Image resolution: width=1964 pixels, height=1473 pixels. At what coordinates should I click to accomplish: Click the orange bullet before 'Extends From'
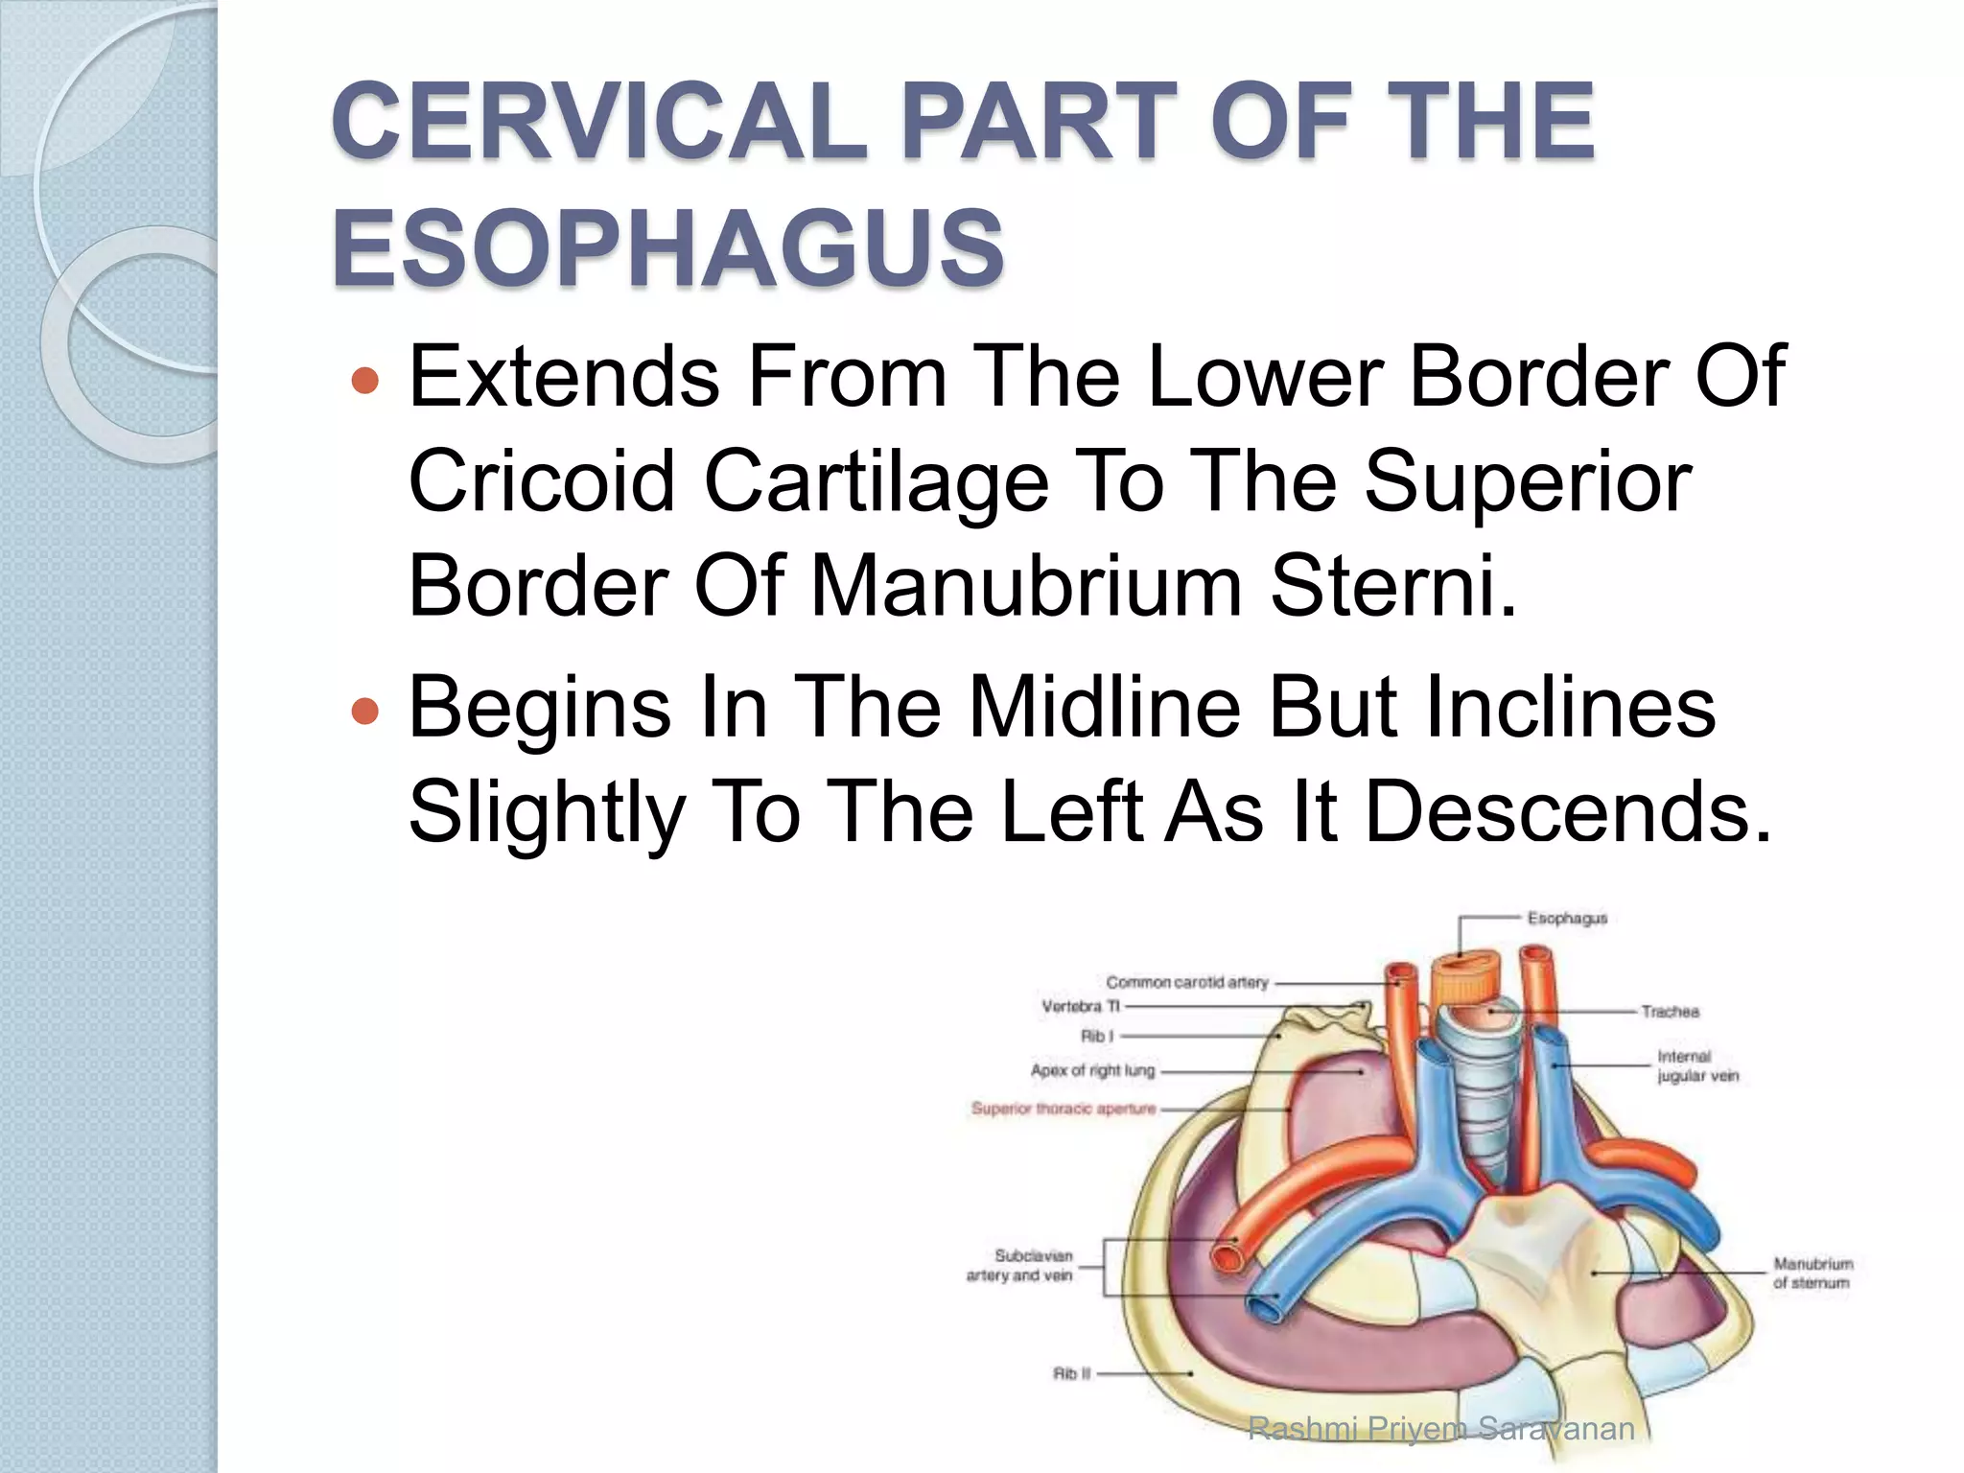pos(365,382)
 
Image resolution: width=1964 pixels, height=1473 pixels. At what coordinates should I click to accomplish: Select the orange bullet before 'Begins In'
pos(365,711)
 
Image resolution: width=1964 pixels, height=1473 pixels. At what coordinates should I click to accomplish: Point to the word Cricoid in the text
pos(542,481)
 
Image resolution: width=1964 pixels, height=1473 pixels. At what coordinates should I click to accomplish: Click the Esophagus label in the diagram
pos(1567,919)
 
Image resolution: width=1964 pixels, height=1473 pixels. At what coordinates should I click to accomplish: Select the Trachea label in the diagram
pos(1670,1012)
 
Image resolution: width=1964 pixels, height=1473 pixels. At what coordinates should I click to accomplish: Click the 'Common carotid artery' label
pos(1186,983)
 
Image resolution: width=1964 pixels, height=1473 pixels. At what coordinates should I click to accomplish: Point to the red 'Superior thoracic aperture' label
pos(1064,1109)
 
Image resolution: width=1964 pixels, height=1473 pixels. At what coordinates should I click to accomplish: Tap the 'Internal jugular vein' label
pos(1696,1066)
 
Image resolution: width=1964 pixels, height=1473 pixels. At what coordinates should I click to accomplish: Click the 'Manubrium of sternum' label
pos(1812,1274)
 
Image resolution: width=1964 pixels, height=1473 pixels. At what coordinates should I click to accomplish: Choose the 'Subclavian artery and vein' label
pos(1019,1266)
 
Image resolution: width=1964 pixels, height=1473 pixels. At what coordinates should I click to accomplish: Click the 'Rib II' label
pos(1071,1374)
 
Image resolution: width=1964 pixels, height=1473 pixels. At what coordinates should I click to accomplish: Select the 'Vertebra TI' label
pos(1080,1007)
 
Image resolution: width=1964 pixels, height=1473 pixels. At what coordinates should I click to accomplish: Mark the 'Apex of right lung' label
pos(1092,1070)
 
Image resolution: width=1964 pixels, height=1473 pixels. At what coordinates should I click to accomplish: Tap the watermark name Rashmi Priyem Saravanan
pos(1440,1429)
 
